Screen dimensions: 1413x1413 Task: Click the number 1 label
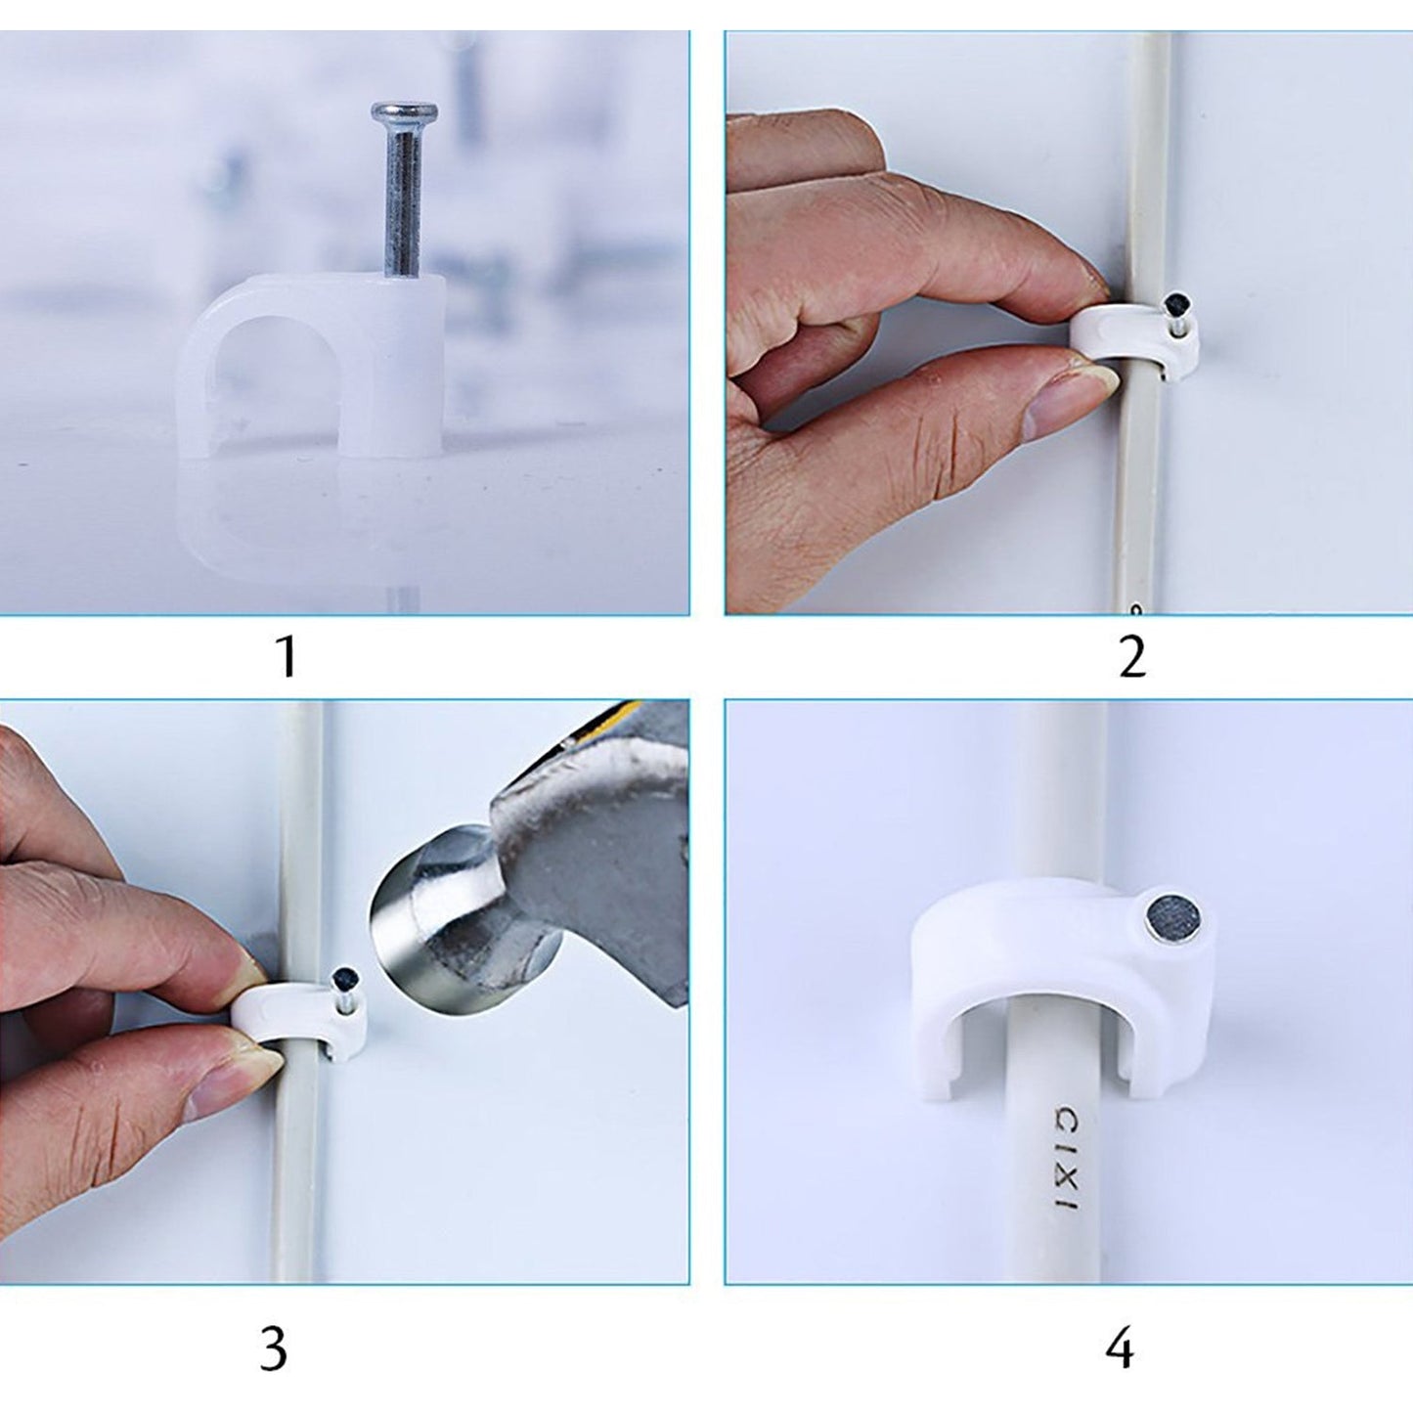(286, 656)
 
